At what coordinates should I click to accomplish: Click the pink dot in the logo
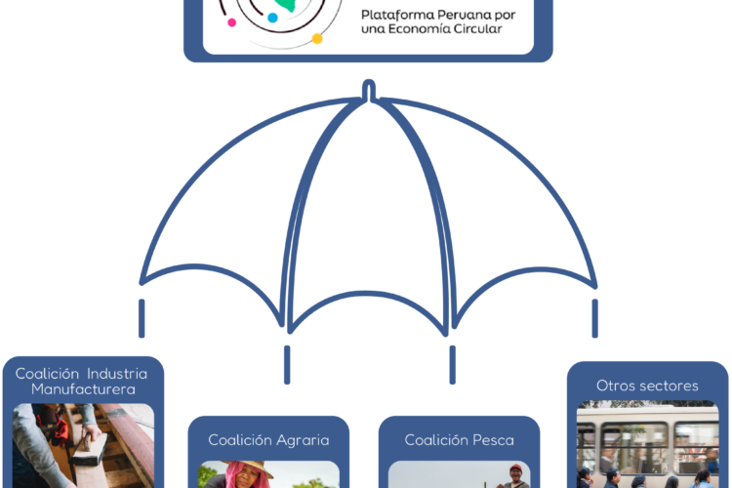(x=231, y=21)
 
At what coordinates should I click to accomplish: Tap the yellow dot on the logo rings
(x=317, y=39)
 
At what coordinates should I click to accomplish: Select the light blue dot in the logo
(x=272, y=18)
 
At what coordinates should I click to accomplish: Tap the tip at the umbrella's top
(x=369, y=82)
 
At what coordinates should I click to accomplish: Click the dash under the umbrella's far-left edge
(x=142, y=318)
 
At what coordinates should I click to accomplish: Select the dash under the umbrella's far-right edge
(x=594, y=318)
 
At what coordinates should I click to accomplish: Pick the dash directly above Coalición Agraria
(x=287, y=365)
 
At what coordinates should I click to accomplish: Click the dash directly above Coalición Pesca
(x=452, y=365)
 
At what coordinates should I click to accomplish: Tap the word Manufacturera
(x=83, y=389)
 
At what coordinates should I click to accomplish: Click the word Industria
(x=117, y=374)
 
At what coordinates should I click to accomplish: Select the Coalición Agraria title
(x=268, y=440)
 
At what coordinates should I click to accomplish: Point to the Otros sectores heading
(x=647, y=386)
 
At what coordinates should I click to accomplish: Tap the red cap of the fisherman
(x=515, y=468)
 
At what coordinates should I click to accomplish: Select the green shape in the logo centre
(x=286, y=5)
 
